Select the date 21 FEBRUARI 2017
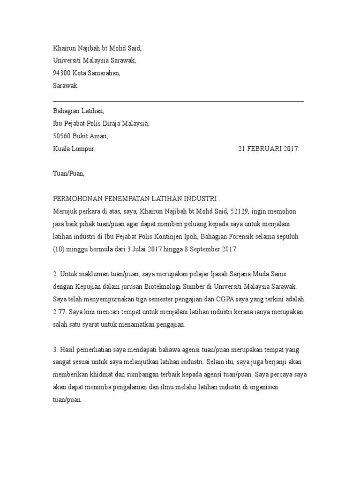(268, 149)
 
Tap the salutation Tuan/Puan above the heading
(68, 173)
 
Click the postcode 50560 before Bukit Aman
(62, 136)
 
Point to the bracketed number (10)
(59, 249)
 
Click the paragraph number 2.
(54, 274)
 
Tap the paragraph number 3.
(54, 350)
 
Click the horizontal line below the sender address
(178, 101)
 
